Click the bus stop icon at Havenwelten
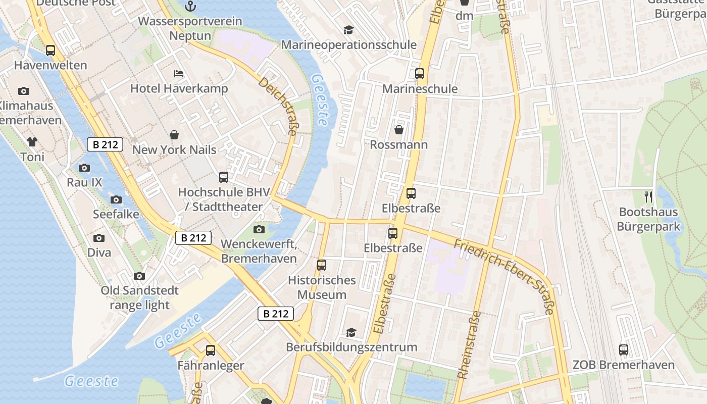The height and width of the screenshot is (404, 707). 50,50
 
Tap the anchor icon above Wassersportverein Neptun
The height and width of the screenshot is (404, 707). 190,6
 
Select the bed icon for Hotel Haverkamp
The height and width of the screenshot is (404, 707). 179,74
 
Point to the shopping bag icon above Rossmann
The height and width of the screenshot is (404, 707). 399,130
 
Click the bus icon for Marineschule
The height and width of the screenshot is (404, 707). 420,74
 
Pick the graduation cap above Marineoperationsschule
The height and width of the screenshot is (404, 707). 348,30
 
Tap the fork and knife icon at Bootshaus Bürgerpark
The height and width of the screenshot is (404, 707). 648,197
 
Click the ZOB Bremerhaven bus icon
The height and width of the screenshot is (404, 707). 624,349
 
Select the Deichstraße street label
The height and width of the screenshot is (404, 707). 277,106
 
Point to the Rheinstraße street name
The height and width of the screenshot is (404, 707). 469,344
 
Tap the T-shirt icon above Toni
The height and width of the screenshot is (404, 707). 32,142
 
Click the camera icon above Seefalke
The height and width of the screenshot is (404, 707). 116,199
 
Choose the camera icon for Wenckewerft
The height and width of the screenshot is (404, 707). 259,230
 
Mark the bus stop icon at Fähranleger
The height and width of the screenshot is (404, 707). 211,350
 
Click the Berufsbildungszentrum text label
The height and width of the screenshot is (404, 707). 351,347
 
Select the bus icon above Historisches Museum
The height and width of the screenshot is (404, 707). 322,265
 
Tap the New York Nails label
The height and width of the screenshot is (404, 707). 174,150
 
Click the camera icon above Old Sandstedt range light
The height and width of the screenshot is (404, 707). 139,276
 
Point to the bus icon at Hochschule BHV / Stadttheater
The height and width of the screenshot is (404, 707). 224,177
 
